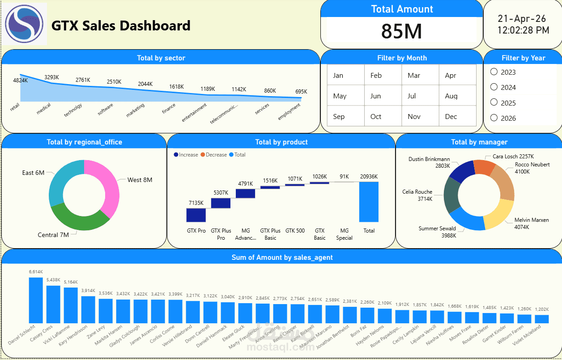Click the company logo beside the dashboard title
tap(24, 24)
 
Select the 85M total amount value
tap(401, 31)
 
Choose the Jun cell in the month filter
tap(375, 96)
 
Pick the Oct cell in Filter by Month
tap(375, 117)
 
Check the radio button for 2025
tap(494, 102)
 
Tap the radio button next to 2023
tap(494, 72)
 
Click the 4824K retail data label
tap(20, 80)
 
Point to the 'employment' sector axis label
tap(289, 111)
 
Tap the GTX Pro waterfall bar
tap(196, 215)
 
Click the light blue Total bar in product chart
tap(369, 202)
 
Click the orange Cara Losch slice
tap(484, 167)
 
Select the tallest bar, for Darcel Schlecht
tap(36, 300)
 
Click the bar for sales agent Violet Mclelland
tap(541, 318)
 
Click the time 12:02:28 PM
tap(523, 30)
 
